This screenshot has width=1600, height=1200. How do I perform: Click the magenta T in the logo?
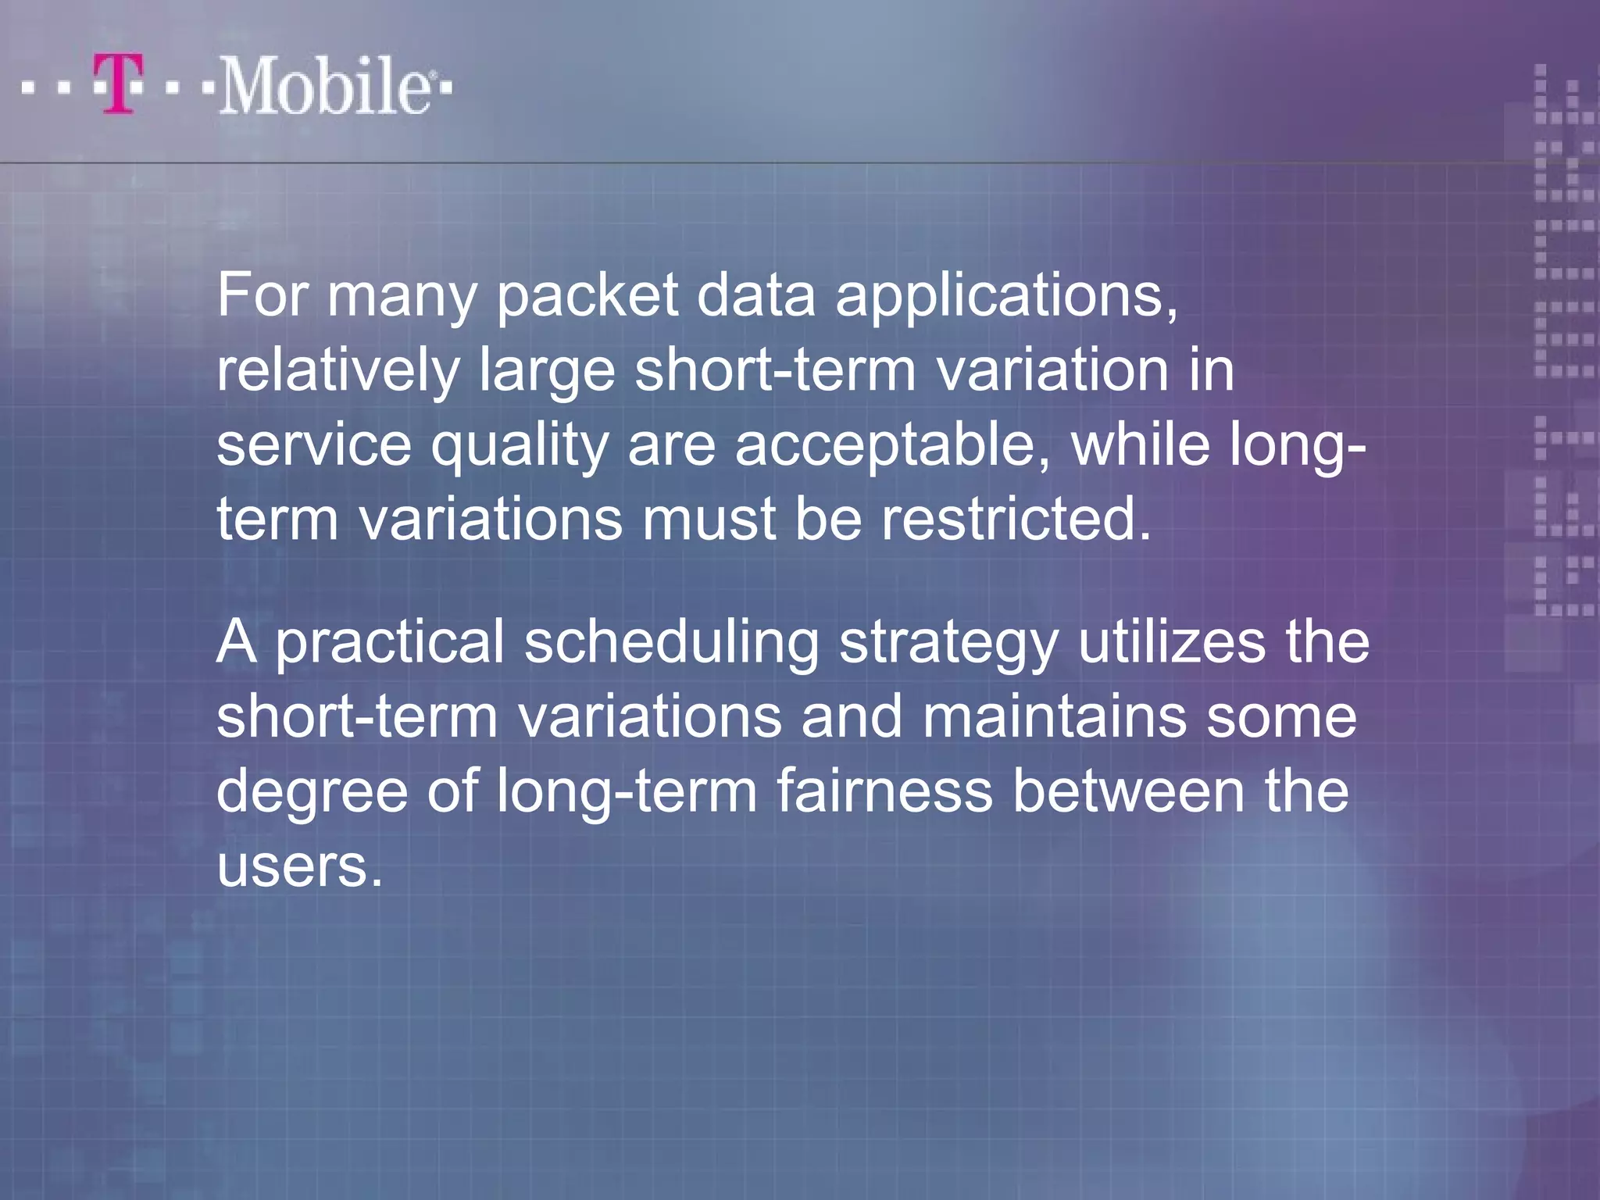[119, 84]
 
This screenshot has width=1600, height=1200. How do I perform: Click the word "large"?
[547, 372]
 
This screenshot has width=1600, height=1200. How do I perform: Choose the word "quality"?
[520, 446]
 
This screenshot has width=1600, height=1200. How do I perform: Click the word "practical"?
[390, 643]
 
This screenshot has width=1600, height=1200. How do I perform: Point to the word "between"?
[1128, 791]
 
